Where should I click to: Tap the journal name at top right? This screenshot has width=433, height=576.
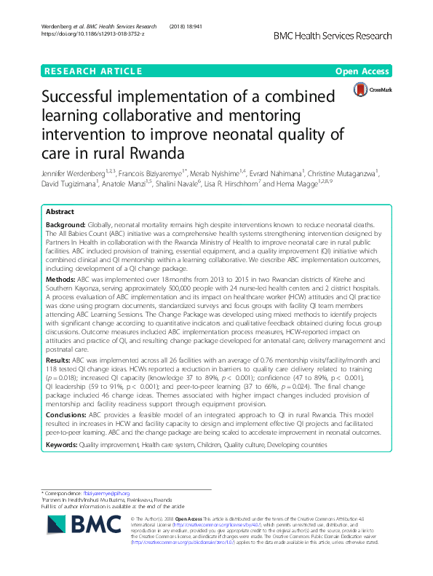point(343,35)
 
